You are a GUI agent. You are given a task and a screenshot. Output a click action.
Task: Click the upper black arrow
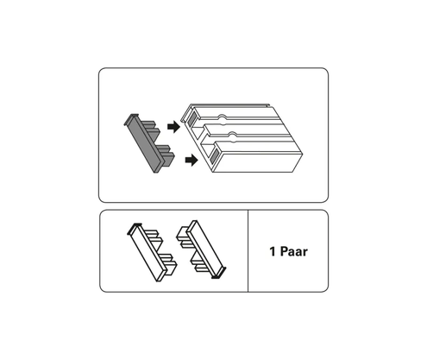coord(173,127)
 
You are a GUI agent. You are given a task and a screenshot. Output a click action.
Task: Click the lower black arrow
coord(192,160)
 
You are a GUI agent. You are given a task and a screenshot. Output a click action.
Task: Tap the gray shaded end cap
coord(149,143)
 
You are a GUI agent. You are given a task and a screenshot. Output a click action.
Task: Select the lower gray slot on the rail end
coord(214,155)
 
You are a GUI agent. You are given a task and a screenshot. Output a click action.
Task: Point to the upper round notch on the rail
coord(222,117)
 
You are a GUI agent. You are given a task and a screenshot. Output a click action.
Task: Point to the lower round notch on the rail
coord(232,135)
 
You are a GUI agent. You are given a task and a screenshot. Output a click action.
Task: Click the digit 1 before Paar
coord(273,251)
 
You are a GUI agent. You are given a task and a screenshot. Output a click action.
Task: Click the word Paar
coord(293,251)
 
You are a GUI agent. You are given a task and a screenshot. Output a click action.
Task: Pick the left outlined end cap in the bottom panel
coord(152,252)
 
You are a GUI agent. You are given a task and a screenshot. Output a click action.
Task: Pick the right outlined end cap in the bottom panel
coord(201,249)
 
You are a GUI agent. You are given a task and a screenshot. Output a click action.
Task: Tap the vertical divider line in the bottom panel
coord(248,250)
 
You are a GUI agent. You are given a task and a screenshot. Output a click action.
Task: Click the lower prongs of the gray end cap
coord(166,154)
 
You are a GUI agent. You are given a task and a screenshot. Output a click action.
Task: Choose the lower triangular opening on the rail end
coord(206,149)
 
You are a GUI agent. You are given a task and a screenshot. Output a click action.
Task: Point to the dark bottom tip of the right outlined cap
coord(219,275)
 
